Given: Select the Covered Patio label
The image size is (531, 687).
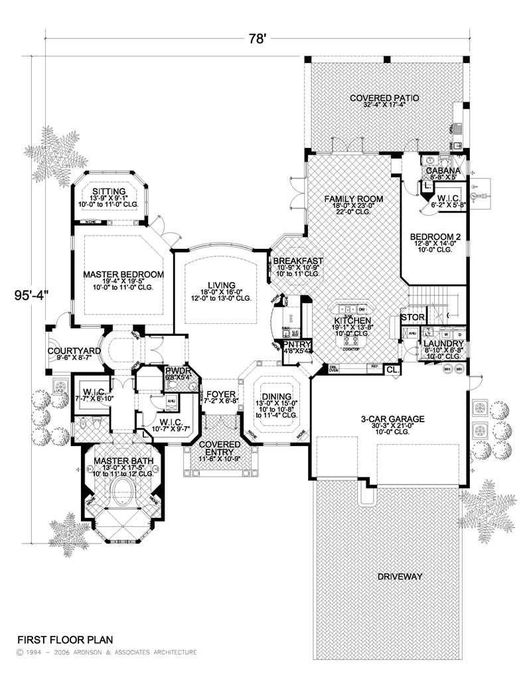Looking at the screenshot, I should [385, 98].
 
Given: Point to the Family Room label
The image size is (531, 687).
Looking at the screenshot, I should [354, 198].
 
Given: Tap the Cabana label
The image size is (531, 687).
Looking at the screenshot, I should [444, 170].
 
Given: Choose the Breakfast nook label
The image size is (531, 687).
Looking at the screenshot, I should [297, 261].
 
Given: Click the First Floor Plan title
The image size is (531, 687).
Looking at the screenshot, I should [64, 640].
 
